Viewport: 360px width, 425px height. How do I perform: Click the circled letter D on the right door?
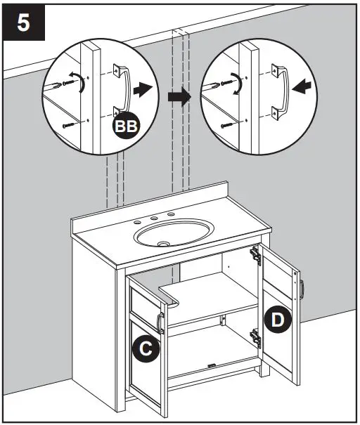[x=278, y=320]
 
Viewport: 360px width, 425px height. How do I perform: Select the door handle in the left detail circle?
[x=123, y=90]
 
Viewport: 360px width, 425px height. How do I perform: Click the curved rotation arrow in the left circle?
[x=83, y=85]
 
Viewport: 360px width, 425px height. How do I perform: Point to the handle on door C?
[x=160, y=322]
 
